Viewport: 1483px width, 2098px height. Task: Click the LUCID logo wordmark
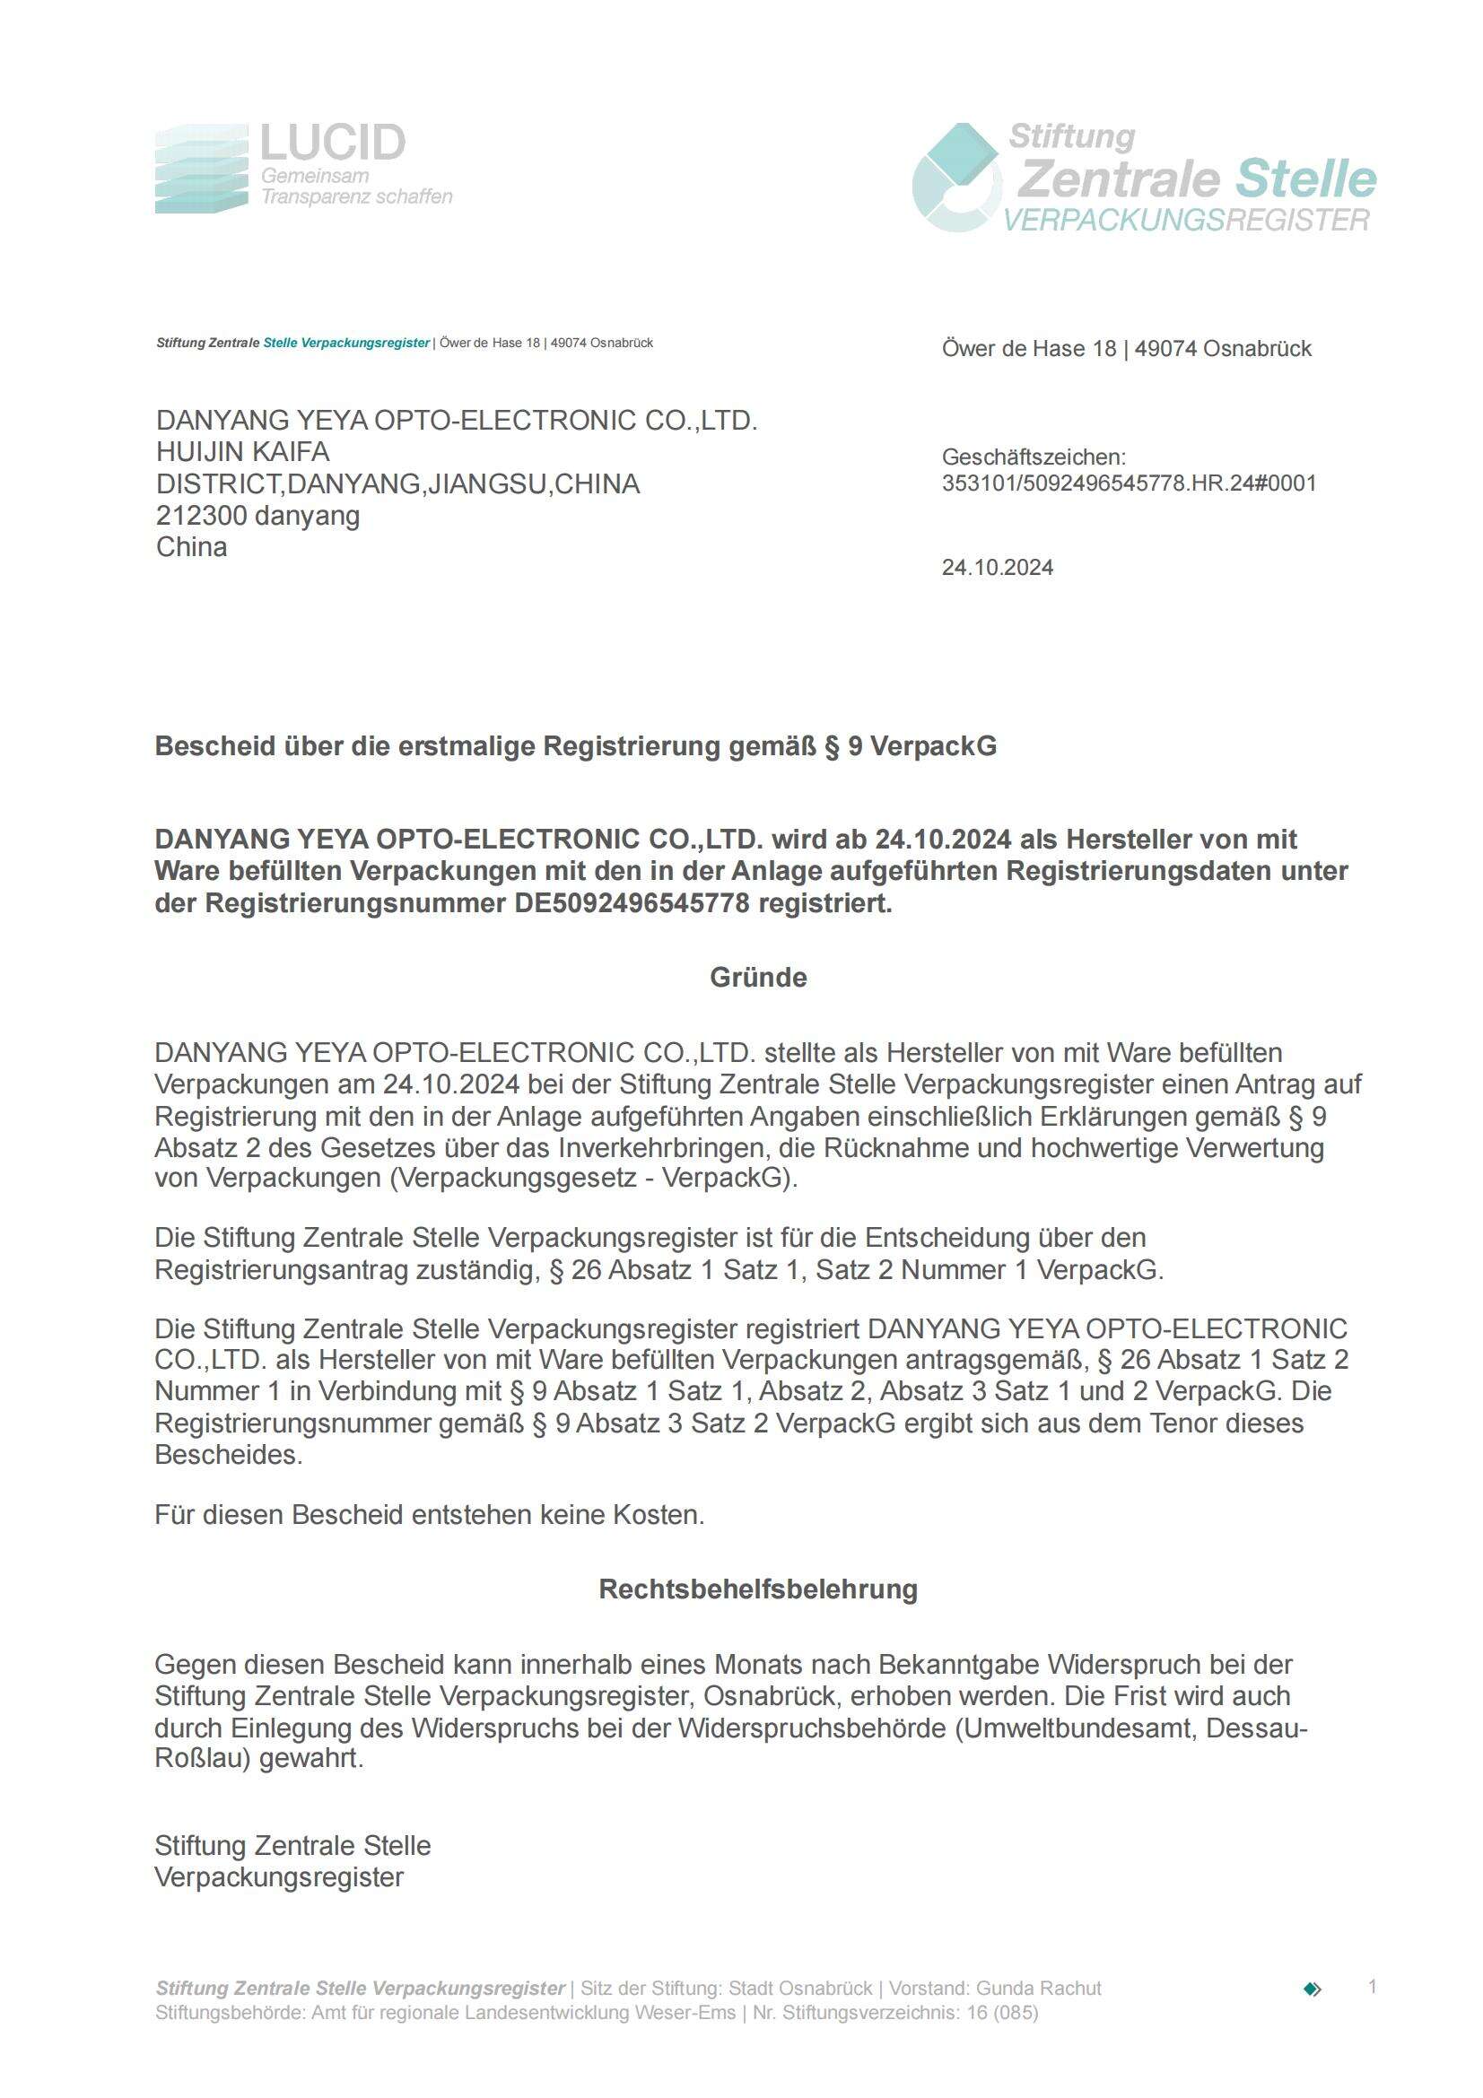click(333, 144)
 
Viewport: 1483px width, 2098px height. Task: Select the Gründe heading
click(758, 978)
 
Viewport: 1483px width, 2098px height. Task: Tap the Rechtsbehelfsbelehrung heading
click(758, 1589)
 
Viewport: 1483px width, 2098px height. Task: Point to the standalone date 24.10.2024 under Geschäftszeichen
click(998, 568)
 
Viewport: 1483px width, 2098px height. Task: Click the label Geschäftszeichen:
click(1034, 457)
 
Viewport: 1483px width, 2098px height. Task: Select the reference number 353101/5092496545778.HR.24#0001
click(1130, 483)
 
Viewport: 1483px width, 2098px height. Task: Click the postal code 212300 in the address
click(201, 517)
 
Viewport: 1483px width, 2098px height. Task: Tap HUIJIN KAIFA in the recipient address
click(243, 452)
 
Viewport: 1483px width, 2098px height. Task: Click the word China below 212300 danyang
click(192, 547)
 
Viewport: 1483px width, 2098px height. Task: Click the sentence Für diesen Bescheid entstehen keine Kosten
click(430, 1515)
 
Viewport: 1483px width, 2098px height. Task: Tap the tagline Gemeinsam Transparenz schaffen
click(356, 187)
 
